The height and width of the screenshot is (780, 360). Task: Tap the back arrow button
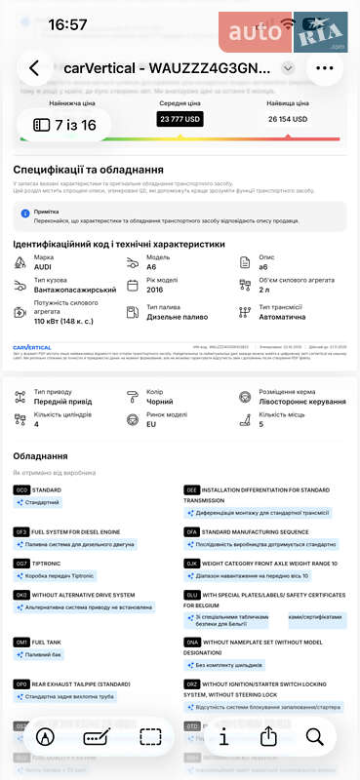35,68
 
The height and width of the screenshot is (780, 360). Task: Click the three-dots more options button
324,68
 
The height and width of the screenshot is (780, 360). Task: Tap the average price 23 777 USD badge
180,119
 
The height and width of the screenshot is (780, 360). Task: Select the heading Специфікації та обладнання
87,170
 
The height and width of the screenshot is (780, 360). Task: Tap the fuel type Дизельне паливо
173,317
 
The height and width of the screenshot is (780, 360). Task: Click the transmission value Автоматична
281,317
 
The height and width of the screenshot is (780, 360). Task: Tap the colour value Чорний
159,401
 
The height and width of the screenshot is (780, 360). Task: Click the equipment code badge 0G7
21,564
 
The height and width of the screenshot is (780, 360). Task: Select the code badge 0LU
191,592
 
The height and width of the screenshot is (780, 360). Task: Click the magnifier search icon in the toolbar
314,737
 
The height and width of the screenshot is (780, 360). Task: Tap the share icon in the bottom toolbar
269,737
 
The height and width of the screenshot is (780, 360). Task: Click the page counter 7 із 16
64,125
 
